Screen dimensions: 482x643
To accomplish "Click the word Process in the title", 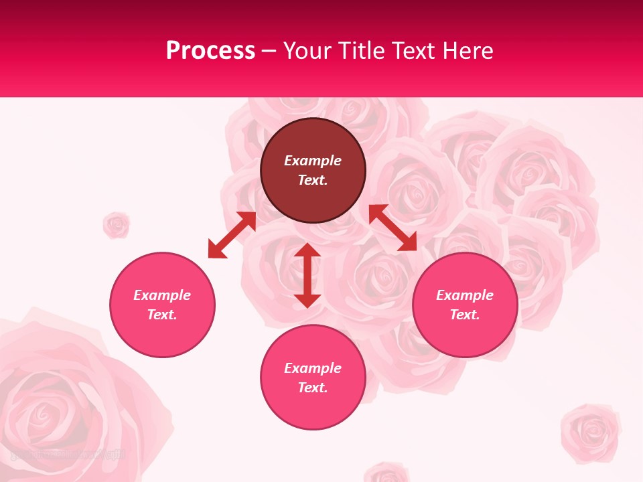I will point(210,51).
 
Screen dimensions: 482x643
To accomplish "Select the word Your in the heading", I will point(305,51).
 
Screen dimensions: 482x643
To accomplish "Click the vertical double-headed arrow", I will point(307,275).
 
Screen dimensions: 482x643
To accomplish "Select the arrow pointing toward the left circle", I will point(232,235).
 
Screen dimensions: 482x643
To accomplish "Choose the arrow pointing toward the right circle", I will point(392,228).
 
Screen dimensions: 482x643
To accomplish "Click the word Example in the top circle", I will point(313,161).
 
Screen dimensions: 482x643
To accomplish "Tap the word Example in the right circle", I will point(465,295).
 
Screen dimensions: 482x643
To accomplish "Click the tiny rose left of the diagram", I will point(116,225).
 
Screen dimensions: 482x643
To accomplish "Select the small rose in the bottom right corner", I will point(591,432).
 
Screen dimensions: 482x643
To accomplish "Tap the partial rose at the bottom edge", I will point(386,473).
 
